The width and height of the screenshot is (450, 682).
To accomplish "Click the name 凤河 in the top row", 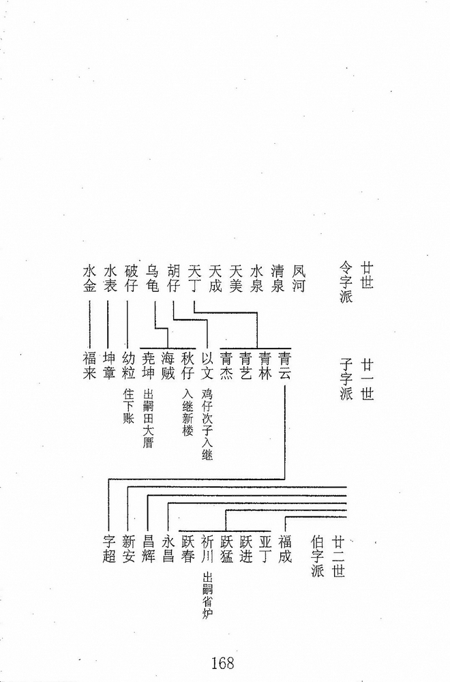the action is (x=298, y=279).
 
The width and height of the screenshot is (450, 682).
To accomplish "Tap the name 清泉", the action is (x=277, y=279).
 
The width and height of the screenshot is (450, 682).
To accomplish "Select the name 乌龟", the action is (x=152, y=279).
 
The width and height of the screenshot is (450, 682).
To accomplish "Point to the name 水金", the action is (x=89, y=279).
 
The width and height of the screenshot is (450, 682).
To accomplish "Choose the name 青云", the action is (x=284, y=366).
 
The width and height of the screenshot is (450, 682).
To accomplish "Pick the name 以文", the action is (x=207, y=366).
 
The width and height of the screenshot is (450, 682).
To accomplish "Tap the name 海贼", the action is (x=168, y=366).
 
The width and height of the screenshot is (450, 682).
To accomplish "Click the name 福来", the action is (x=89, y=366).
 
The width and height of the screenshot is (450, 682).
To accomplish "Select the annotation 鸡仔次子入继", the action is (x=207, y=424).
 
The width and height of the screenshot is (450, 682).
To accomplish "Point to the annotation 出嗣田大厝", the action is (x=148, y=419).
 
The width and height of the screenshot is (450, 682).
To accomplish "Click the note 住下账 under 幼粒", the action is (x=128, y=406).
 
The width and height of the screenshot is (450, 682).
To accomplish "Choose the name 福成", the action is (x=285, y=549).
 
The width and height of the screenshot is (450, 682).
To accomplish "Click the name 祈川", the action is (x=207, y=549).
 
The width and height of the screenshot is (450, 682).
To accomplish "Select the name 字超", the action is (x=108, y=549).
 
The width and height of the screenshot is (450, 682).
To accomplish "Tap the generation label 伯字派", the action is (x=318, y=557).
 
